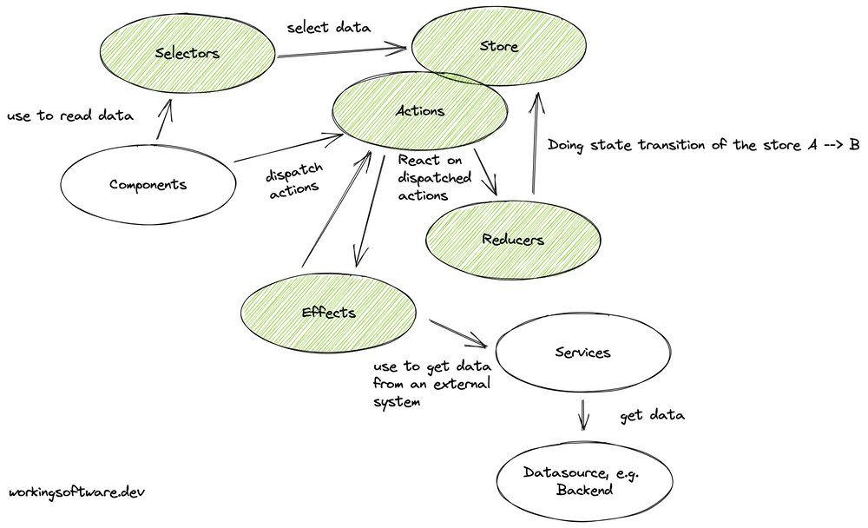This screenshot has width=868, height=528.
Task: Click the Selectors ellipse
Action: [186, 54]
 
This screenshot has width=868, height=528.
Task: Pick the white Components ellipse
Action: [148, 184]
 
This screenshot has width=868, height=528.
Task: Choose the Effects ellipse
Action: [327, 312]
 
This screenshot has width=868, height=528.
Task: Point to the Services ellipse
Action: [582, 353]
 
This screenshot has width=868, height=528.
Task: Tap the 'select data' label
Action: [328, 28]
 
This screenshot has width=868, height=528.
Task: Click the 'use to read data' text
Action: [69, 116]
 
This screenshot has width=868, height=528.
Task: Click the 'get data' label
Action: [652, 416]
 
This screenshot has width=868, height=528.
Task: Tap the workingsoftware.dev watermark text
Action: [76, 492]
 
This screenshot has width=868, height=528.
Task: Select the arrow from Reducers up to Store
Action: [536, 143]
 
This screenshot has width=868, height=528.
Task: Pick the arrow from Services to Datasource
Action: [583, 414]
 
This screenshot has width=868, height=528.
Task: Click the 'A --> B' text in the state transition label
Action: [833, 145]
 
